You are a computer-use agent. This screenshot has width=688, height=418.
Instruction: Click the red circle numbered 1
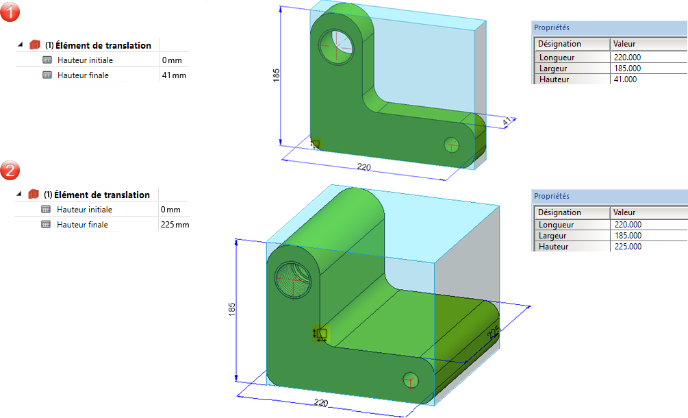click(11, 12)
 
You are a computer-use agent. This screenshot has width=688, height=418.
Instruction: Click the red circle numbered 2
click(11, 170)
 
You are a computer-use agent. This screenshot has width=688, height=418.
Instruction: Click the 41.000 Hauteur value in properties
click(626, 79)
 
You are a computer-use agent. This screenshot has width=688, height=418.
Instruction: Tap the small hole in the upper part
click(451, 145)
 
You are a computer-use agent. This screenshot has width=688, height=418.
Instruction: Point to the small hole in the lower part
click(411, 380)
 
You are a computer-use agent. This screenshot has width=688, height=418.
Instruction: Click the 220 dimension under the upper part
click(364, 166)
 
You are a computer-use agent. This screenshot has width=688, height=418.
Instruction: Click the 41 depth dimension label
click(507, 122)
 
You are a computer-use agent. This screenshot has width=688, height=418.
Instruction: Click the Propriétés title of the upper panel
click(552, 28)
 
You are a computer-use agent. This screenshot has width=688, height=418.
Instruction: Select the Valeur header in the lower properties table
click(625, 212)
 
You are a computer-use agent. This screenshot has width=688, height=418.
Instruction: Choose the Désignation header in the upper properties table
click(560, 44)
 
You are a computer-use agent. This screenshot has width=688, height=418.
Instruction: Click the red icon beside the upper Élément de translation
click(35, 45)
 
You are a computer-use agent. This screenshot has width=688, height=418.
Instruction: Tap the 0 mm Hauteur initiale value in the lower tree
click(170, 210)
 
